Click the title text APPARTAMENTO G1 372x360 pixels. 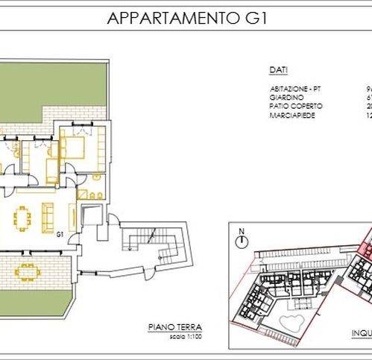(186, 18)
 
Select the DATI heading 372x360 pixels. (277, 70)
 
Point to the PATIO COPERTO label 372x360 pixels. (296, 106)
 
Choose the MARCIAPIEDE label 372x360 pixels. (291, 116)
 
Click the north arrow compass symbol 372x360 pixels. (242, 242)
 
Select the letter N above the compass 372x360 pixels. (242, 230)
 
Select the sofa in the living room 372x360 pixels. (48, 216)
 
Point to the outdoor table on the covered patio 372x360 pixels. (27, 270)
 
